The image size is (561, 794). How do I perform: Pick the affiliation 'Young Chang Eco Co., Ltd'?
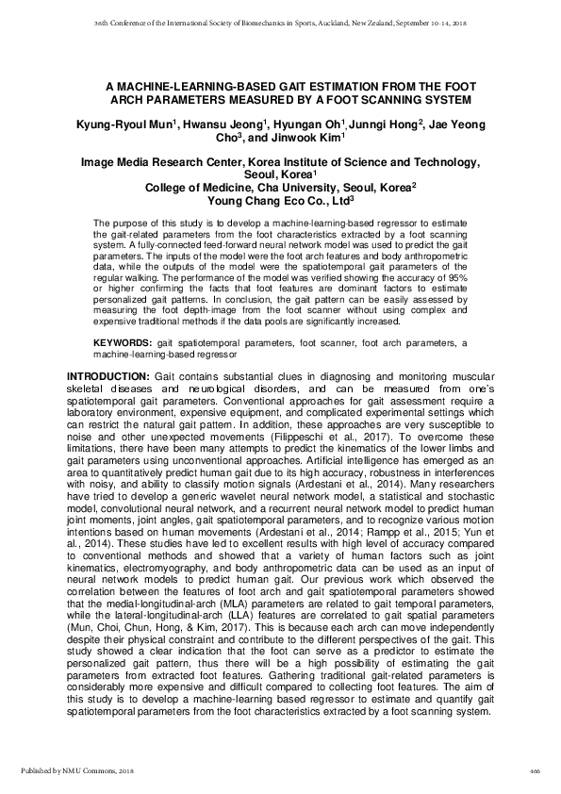pos(278,200)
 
